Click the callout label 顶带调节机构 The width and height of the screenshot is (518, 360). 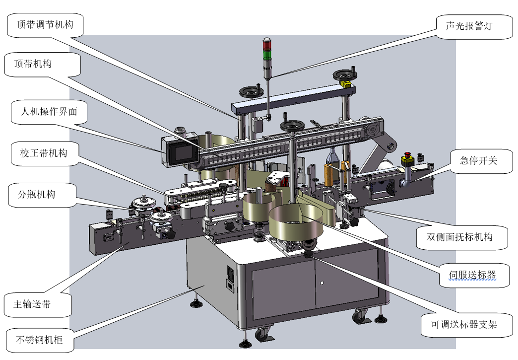[45, 24]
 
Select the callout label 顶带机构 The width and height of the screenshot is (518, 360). [33, 64]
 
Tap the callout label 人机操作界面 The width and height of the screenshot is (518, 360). [49, 111]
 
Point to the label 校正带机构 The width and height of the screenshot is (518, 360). [44, 153]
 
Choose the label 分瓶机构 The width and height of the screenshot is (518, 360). [36, 194]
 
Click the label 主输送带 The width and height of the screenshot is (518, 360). [32, 304]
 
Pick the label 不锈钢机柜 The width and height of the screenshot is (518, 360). [39, 340]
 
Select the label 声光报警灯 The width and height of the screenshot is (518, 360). [469, 26]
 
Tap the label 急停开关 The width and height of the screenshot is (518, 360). [479, 161]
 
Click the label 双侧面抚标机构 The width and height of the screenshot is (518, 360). [459, 237]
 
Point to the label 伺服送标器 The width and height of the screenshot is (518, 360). [472, 275]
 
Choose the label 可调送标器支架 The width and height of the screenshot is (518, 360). [464, 325]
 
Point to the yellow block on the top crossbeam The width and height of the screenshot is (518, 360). [345, 84]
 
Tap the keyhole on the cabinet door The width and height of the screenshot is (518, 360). [322, 283]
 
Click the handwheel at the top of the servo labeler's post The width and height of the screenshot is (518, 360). [292, 126]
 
